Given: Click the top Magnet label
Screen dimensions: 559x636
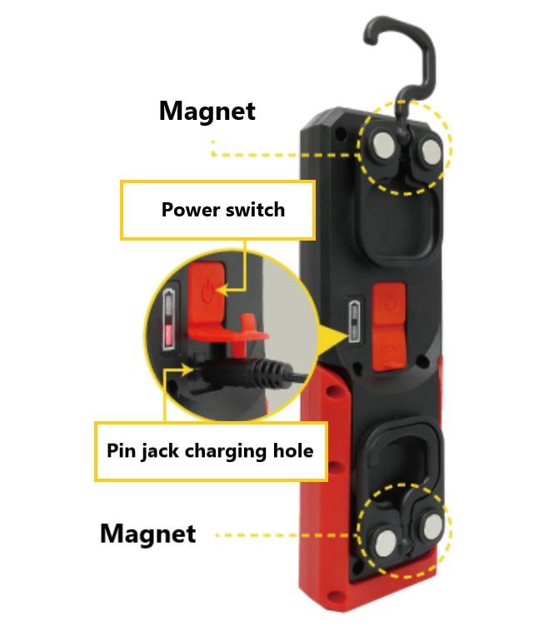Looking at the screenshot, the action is point(207,111).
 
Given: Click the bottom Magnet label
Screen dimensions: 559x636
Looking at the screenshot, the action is point(147,534).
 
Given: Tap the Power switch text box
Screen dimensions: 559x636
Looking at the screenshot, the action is point(222,210).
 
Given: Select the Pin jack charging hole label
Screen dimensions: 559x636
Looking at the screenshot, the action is point(210,451).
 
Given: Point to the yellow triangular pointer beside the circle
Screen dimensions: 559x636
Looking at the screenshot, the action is point(332,337).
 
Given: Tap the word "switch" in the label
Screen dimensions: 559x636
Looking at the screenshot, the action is point(255,210).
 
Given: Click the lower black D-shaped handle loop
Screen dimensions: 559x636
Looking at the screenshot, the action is point(401,454).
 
